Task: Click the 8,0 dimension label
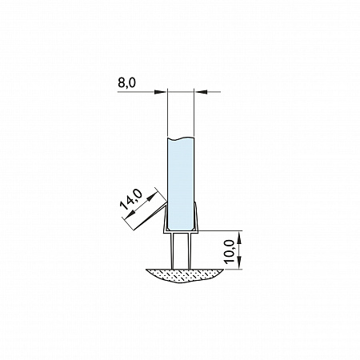126,83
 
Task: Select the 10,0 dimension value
230,251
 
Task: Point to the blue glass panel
180,184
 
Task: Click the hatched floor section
184,275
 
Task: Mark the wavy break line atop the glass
180,138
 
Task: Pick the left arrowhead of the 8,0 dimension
161,92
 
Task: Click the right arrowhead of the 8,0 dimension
201,92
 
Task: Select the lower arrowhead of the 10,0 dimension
239,262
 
